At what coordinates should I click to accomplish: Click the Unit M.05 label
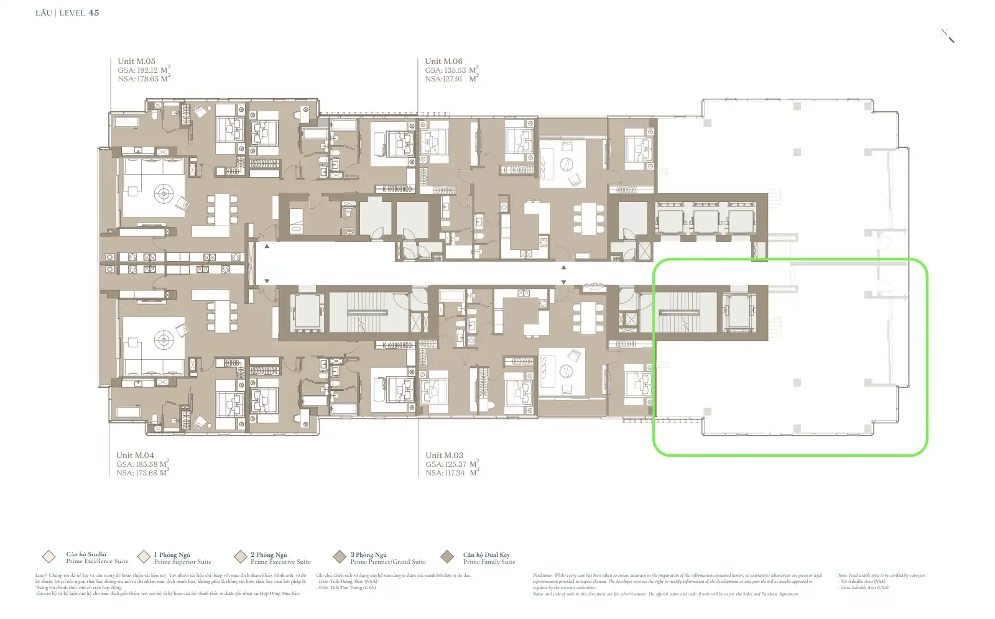[136, 62]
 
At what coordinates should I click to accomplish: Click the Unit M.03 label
[444, 456]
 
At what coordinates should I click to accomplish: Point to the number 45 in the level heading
[94, 12]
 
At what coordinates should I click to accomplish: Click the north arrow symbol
[948, 36]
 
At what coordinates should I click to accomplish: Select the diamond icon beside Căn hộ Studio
[49, 557]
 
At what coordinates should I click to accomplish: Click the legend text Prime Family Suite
[489, 562]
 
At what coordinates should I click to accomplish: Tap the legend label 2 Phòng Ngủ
[269, 554]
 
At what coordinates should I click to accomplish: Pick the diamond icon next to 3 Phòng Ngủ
[340, 557]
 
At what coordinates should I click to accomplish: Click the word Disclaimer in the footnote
[544, 575]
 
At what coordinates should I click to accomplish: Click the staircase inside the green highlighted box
[687, 313]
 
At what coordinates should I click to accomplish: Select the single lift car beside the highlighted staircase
[738, 312]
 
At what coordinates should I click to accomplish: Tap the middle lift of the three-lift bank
[705, 221]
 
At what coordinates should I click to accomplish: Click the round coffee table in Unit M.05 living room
[164, 193]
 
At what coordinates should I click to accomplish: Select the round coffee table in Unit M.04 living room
[164, 339]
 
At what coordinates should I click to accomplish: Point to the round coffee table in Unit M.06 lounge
[565, 165]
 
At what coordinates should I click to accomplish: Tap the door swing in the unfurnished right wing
[882, 285]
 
